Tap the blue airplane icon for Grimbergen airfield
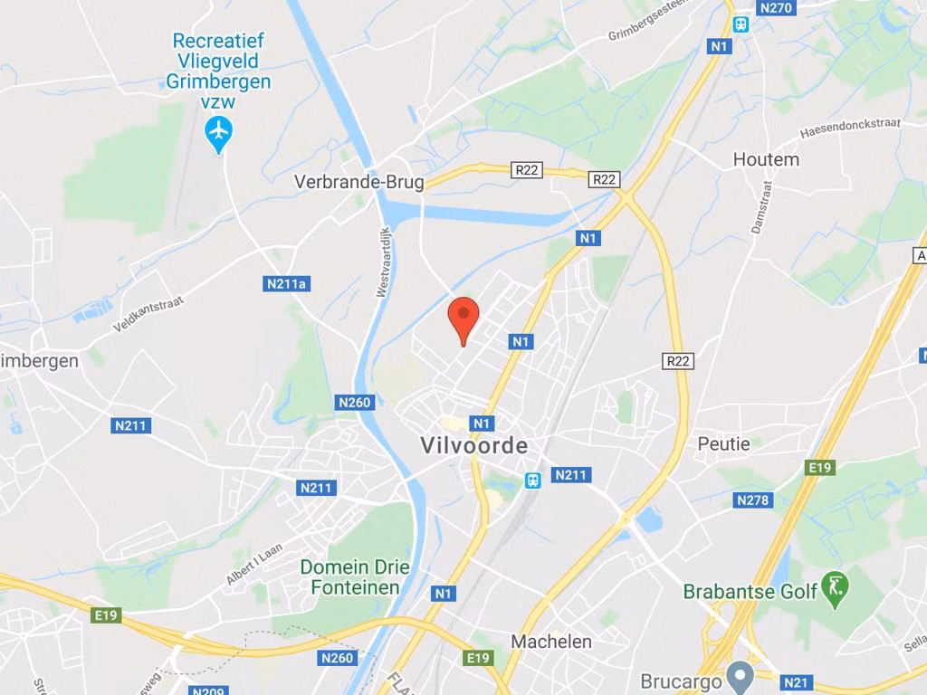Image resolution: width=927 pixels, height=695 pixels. coord(219,132)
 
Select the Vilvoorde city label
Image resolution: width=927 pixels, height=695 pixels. coord(473,446)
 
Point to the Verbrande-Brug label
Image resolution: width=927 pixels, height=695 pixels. coord(358,182)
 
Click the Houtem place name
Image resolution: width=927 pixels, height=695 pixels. coord(766,159)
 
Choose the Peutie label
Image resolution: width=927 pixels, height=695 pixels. coord(723,444)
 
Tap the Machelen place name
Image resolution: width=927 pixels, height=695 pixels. coord(551,642)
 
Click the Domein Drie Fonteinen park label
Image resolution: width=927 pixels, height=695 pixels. coord(355,577)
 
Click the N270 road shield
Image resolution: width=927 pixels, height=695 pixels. coord(776,8)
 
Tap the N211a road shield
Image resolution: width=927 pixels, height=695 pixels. coord(287,284)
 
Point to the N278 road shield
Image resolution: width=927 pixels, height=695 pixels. coord(753,500)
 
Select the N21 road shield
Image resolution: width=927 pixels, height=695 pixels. coord(796,682)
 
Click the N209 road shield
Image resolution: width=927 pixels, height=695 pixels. coord(208,690)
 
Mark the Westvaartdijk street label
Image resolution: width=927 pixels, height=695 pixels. coord(383,262)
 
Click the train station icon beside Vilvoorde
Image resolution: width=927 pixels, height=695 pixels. coord(533,481)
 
